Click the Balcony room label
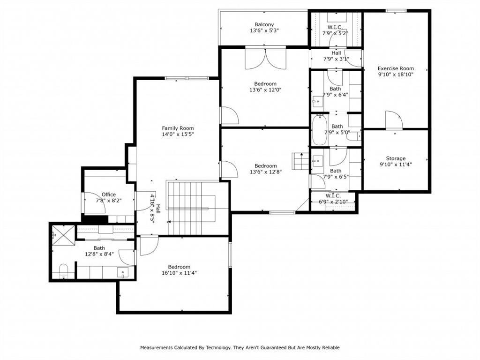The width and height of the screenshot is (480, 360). coord(264,24)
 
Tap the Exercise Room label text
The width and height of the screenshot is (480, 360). coord(396,68)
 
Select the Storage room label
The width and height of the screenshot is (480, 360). coord(396,158)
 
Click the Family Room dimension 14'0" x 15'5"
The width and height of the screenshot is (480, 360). coord(178,134)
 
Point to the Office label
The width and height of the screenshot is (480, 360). coord(108,195)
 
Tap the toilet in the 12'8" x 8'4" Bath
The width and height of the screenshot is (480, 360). coord(64,270)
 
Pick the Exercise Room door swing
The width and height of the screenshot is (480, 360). coord(393,120)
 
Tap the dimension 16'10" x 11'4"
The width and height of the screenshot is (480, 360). coord(179,273)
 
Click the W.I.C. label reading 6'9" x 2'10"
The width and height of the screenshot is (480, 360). coord(333,202)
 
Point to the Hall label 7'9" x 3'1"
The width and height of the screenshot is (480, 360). coord(336,59)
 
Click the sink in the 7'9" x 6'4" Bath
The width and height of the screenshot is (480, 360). coord(318,100)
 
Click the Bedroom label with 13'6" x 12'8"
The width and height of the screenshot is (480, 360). coord(265,172)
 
